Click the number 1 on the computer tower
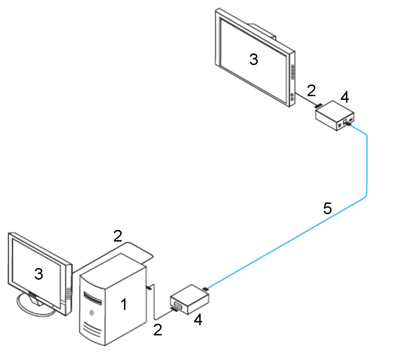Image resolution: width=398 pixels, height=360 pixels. click(x=123, y=305)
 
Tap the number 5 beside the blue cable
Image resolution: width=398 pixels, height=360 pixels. click(x=327, y=208)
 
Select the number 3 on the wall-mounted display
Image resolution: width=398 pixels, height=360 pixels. click(x=254, y=59)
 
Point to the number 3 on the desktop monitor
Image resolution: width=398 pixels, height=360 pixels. click(x=39, y=274)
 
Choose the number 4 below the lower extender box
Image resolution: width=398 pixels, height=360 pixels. click(x=198, y=320)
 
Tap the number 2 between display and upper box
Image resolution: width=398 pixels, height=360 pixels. click(x=311, y=90)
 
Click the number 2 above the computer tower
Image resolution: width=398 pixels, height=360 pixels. click(x=117, y=236)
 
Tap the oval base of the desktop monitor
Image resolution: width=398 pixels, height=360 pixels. click(x=35, y=304)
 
